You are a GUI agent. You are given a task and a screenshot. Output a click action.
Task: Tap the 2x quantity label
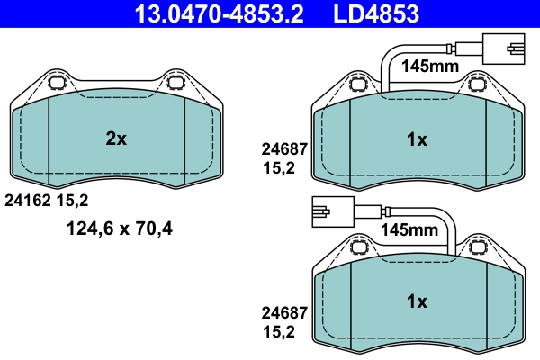[116, 139]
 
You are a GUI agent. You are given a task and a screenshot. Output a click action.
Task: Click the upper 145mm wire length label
[429, 66]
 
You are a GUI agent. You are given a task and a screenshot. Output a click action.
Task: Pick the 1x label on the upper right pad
[416, 139]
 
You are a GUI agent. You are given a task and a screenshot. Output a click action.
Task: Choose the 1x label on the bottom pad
[416, 301]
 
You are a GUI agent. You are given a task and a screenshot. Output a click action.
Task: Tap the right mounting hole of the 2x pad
[175, 85]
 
